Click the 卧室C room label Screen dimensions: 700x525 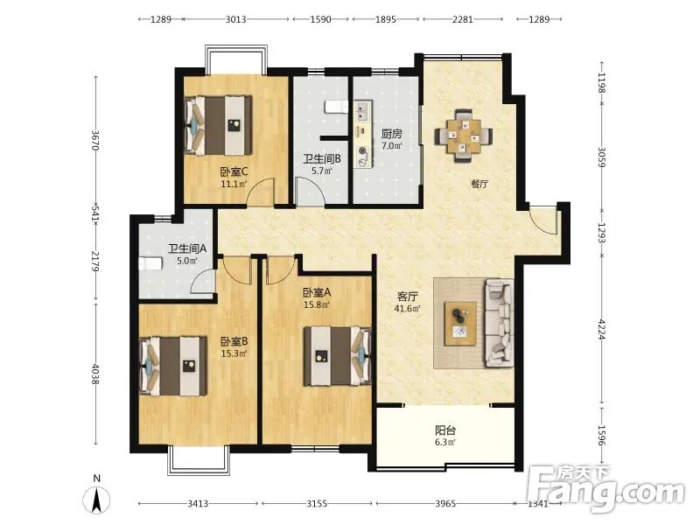click(x=234, y=171)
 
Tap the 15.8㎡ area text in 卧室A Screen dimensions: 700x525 click(x=317, y=304)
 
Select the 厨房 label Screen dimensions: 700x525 click(x=391, y=134)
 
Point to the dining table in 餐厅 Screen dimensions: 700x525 click(x=464, y=135)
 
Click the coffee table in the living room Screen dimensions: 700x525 click(x=460, y=323)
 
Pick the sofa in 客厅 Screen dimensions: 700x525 click(x=499, y=322)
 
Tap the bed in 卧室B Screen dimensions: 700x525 click(x=173, y=366)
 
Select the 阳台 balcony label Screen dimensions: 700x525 click(x=445, y=430)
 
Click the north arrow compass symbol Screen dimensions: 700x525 click(x=96, y=500)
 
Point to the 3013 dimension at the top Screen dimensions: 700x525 click(x=235, y=19)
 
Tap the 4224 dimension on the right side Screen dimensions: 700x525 click(x=602, y=330)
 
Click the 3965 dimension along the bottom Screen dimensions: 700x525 click(x=445, y=504)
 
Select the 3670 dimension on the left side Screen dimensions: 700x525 click(x=94, y=140)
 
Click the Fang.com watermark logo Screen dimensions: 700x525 click(x=605, y=489)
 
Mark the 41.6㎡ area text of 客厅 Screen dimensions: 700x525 click(x=407, y=309)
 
